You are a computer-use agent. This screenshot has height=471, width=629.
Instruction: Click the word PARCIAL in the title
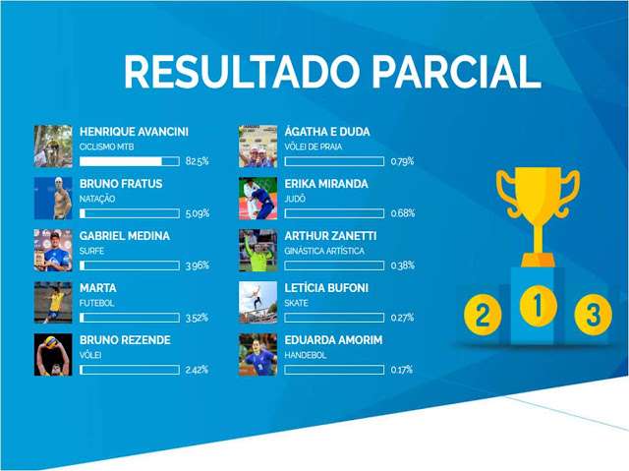click(456, 72)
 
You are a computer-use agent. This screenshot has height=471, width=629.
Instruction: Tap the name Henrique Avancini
click(134, 132)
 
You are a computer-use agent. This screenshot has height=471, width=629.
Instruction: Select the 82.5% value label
click(197, 161)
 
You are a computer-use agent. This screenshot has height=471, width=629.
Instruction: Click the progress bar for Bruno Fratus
click(130, 213)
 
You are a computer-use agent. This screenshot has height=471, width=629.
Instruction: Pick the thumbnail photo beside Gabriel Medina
click(53, 251)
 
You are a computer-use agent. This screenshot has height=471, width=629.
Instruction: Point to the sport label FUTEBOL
click(96, 303)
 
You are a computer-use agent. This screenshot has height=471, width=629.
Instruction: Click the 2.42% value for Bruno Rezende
click(197, 370)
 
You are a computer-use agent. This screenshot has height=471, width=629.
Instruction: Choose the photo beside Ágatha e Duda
click(257, 147)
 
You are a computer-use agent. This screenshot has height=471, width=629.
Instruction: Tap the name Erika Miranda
click(326, 184)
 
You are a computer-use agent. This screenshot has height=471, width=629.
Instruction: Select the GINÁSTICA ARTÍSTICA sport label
click(324, 251)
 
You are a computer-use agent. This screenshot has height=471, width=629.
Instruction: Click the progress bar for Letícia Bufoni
click(334, 318)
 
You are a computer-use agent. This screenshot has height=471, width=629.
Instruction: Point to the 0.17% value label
click(402, 370)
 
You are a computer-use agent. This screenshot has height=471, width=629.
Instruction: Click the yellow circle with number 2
click(483, 314)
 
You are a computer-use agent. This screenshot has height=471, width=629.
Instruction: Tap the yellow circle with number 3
click(594, 314)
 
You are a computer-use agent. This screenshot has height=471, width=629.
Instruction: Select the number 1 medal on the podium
click(539, 307)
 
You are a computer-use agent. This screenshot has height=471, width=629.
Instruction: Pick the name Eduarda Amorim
click(333, 340)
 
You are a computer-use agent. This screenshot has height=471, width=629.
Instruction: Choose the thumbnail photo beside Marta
click(53, 303)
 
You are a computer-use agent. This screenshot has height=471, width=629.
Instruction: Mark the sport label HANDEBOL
click(306, 355)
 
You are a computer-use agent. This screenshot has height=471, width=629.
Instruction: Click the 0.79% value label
click(402, 161)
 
